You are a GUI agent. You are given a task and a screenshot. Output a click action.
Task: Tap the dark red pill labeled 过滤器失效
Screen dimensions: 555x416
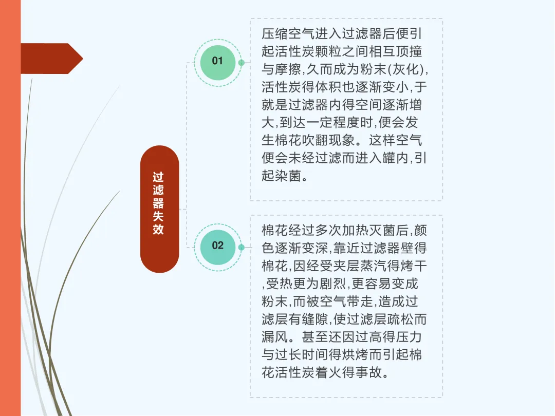[x=159, y=209]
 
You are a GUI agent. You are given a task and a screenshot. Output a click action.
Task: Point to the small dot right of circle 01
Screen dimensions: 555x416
[x=242, y=63]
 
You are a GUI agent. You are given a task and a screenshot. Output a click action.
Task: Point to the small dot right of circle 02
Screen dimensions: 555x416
[x=242, y=247]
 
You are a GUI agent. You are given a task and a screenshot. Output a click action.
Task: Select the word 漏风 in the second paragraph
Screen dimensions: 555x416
[x=274, y=337]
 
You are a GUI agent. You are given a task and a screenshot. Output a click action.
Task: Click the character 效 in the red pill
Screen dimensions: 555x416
[x=158, y=229]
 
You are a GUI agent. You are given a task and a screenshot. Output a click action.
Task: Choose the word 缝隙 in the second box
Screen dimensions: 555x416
[x=314, y=319]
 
